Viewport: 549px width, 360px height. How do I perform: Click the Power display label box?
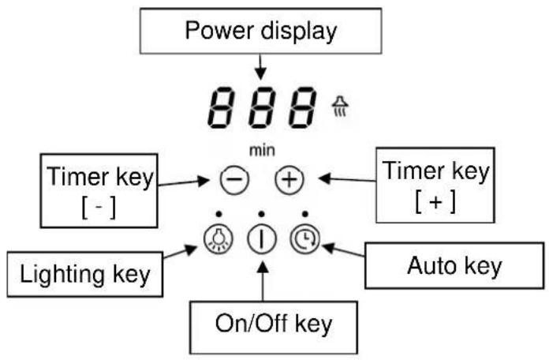point(260,32)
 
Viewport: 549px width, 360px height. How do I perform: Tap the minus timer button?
point(233,181)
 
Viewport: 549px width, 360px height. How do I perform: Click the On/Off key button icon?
point(260,238)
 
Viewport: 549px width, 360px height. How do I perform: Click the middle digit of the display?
point(260,108)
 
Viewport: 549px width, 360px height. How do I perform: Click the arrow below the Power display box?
point(260,69)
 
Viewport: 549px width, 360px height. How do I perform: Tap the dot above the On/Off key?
point(260,214)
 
